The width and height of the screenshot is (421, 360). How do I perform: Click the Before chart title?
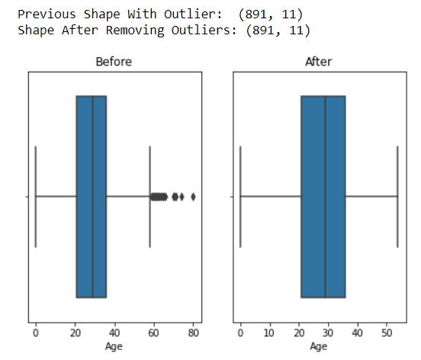[114, 62]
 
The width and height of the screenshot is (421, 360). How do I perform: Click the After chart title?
[319, 62]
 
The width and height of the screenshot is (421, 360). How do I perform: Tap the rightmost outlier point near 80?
[193, 197]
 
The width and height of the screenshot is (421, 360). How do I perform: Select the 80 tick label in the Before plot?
[193, 333]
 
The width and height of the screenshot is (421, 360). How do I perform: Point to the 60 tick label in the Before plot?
[153, 333]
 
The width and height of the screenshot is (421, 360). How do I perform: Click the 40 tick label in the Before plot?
[114, 333]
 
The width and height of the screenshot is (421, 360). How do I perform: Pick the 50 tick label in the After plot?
[387, 333]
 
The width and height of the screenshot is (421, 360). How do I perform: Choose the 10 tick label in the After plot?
[269, 333]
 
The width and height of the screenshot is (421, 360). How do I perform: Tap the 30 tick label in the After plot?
[328, 333]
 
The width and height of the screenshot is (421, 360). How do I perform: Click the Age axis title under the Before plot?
[114, 346]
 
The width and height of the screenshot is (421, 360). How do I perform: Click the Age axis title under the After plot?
[319, 346]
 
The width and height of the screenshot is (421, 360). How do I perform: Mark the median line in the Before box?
[92, 197]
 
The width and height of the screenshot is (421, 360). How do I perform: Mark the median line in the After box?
[325, 197]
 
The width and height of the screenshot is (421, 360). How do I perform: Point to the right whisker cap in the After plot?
[397, 197]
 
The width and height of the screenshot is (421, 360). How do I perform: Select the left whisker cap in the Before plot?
[35, 197]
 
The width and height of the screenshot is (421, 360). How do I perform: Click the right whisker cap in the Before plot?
[149, 197]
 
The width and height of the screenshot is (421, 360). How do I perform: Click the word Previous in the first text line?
[47, 14]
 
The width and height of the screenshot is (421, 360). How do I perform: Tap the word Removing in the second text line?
[135, 31]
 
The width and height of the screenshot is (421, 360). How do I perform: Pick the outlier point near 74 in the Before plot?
[182, 197]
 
